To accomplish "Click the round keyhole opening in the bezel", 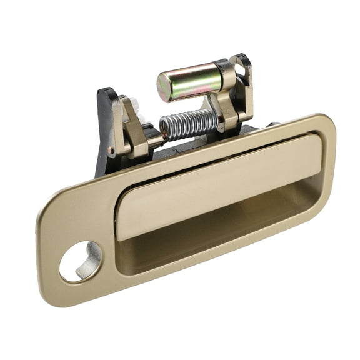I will pos(79,261).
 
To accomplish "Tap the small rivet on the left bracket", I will pos(111,150).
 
